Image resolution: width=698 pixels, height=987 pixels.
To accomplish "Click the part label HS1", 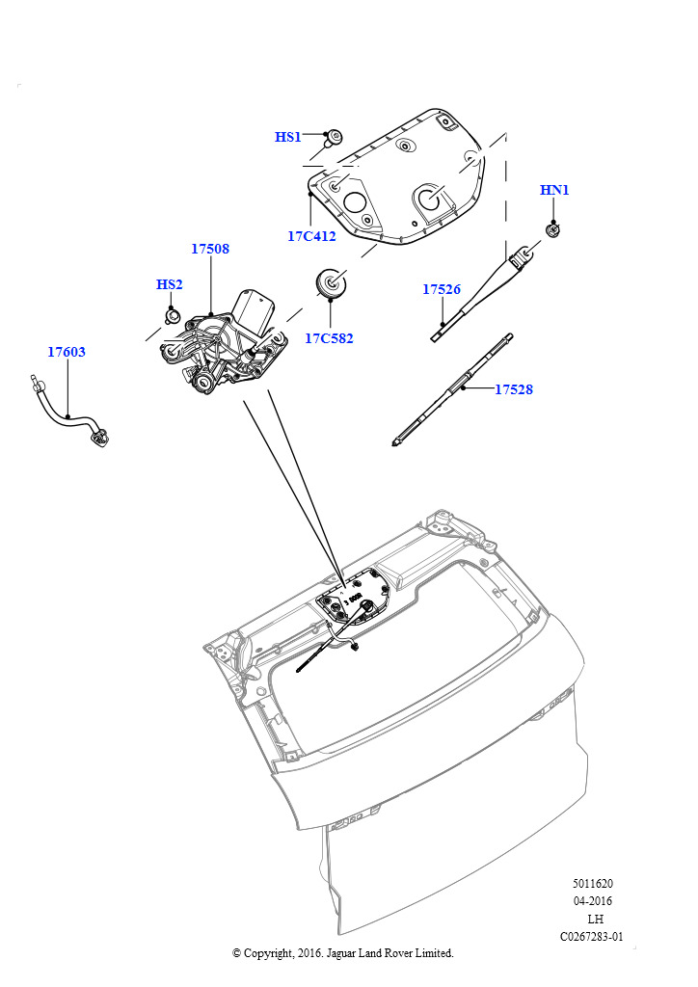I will pyautogui.click(x=288, y=138).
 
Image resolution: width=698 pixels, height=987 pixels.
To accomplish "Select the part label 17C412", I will pyautogui.click(x=311, y=235).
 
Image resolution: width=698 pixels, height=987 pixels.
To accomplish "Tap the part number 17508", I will pyautogui.click(x=210, y=249).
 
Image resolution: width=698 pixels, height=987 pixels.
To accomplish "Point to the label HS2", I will pyautogui.click(x=169, y=284).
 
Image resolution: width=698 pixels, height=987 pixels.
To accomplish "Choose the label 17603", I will pyautogui.click(x=67, y=352).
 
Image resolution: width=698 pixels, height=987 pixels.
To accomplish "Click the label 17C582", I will pyautogui.click(x=330, y=338).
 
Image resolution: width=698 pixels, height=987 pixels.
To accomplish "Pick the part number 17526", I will pyautogui.click(x=442, y=289).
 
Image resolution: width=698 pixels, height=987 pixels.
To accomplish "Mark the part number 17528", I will pyautogui.click(x=514, y=389).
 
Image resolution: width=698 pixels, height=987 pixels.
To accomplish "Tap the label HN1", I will pyautogui.click(x=554, y=191).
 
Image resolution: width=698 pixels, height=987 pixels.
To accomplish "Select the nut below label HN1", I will pyautogui.click(x=553, y=229).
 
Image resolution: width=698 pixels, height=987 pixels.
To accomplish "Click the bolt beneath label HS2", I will pyautogui.click(x=172, y=315).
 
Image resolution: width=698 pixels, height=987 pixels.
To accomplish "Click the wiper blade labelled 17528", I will pyautogui.click(x=452, y=389).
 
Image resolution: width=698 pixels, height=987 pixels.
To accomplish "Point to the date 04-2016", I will pyautogui.click(x=593, y=901).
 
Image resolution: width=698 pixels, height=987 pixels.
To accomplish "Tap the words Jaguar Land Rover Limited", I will pyautogui.click(x=396, y=953).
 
